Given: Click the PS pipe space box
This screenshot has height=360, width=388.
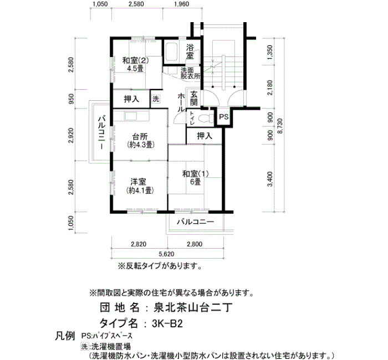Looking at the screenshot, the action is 223,117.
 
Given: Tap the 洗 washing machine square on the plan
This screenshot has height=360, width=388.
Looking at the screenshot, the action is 156,99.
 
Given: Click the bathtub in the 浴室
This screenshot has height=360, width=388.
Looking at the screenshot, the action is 171,52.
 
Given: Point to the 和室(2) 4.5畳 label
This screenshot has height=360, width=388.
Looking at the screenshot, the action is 136,64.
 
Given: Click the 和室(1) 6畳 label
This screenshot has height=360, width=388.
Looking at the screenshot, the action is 195,178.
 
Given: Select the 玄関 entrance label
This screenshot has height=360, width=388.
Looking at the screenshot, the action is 194,98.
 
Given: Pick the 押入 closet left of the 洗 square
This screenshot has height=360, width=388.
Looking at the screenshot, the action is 131,99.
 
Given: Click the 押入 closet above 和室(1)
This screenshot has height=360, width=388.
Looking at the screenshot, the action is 205,136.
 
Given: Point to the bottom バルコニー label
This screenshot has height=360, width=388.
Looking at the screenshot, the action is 195,222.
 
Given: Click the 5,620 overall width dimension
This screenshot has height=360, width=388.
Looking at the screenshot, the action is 166,254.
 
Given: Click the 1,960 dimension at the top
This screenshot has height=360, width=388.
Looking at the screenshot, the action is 181,4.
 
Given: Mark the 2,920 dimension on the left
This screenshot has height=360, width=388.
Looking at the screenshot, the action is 72,135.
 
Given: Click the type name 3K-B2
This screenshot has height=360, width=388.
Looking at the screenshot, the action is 167,323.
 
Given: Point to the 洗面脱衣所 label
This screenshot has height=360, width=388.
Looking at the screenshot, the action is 190,74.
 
